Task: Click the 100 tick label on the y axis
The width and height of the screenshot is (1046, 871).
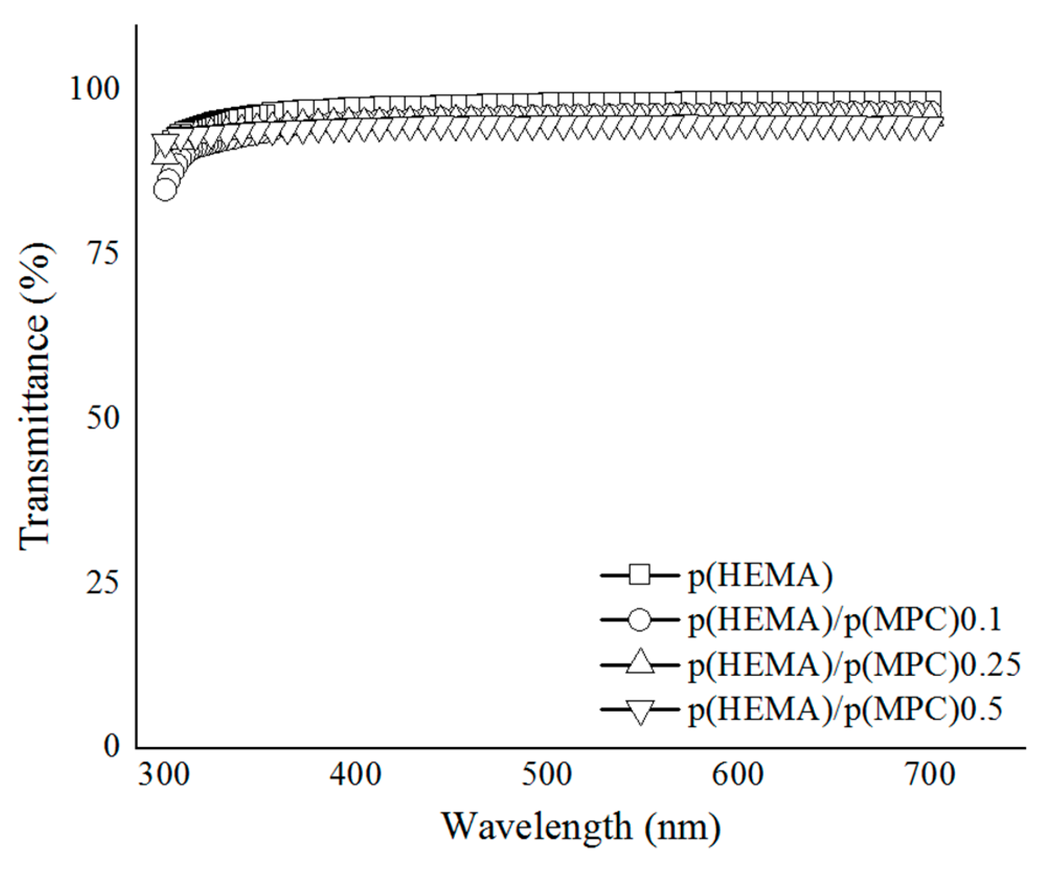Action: [94, 88]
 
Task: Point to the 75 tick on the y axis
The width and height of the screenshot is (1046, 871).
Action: [103, 253]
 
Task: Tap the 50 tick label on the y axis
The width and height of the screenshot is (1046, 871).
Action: [103, 417]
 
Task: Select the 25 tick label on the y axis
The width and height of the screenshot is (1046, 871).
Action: [103, 582]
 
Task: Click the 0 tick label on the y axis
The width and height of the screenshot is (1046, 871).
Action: [112, 745]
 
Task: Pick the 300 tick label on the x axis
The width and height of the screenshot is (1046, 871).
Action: [164, 774]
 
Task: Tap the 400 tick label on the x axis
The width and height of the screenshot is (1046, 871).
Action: [355, 774]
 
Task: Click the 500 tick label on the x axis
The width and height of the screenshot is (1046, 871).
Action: [546, 774]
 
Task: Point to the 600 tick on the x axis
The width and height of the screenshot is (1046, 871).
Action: [738, 774]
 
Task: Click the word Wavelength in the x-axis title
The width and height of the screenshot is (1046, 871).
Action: [537, 827]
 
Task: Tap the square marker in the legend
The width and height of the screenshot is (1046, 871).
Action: [639, 574]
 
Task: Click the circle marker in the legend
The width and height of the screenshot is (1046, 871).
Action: [639, 619]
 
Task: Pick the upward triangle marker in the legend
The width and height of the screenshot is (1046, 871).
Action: [640, 663]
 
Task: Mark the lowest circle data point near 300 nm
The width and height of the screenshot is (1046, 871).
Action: [165, 190]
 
